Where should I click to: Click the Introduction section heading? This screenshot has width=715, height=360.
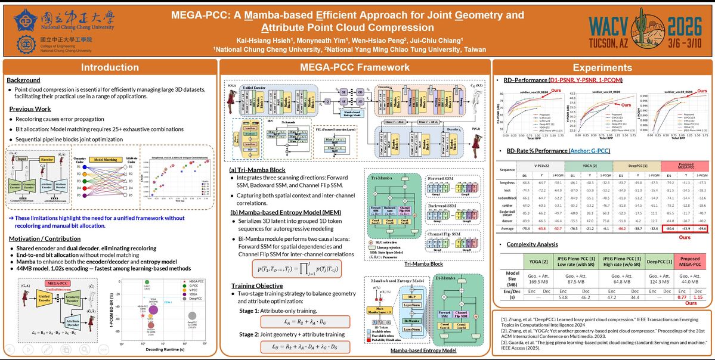[x=110, y=67]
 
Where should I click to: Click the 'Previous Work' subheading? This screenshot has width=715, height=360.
[x=29, y=109]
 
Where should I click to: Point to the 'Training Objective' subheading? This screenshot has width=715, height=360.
[x=257, y=285]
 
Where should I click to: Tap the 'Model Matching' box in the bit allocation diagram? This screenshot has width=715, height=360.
[x=105, y=160]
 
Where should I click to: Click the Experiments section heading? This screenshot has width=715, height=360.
[x=602, y=67]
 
